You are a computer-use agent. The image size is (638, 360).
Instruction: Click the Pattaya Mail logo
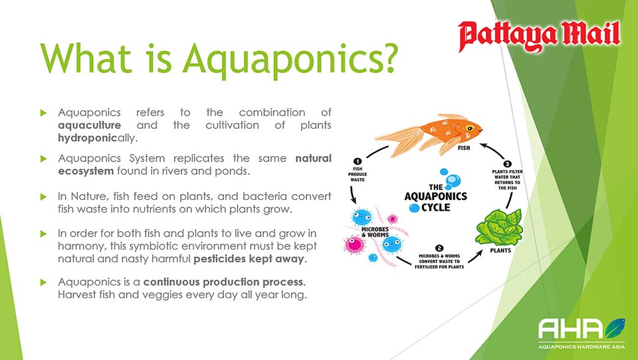(539, 37)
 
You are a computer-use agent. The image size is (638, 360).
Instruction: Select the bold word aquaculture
(90, 126)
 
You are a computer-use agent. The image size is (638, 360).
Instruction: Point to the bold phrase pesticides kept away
(249, 259)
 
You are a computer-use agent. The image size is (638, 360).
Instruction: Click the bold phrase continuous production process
(223, 282)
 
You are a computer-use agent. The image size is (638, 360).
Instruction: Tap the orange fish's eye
(470, 129)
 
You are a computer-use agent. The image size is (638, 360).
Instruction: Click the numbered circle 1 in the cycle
(358, 161)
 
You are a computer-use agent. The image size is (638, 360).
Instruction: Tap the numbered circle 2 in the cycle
(439, 248)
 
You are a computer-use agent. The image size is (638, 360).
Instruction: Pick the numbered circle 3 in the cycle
(507, 164)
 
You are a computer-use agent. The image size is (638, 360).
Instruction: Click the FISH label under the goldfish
(464, 148)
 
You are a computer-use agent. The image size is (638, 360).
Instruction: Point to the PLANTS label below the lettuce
(500, 250)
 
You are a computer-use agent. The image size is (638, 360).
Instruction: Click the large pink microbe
(354, 245)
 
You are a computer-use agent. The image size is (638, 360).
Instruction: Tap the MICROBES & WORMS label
(375, 232)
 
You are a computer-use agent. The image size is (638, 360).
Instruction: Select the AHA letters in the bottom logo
(570, 329)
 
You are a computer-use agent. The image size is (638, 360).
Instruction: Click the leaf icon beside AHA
(615, 328)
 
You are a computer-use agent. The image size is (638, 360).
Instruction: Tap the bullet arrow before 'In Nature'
(44, 197)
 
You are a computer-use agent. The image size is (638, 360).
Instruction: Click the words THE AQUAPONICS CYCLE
(436, 197)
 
